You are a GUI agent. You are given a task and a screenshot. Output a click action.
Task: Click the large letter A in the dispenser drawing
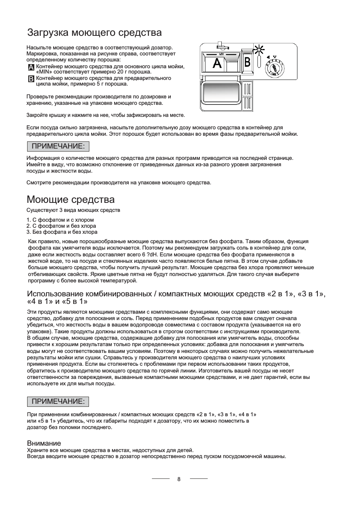[x=217, y=63]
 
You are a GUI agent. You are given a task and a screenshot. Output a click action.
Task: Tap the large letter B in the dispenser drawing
[x=247, y=62]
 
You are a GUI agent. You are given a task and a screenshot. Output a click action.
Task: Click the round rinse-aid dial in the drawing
[x=274, y=69]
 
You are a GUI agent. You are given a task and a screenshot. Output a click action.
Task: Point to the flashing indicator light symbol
[x=259, y=49]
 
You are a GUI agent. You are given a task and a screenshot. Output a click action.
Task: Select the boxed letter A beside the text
[x=31, y=67]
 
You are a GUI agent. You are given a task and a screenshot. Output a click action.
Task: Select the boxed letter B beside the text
[x=31, y=79]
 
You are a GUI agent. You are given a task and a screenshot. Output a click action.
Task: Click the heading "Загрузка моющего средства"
[x=94, y=33]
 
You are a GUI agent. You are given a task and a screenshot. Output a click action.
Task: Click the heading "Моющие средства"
[x=70, y=199]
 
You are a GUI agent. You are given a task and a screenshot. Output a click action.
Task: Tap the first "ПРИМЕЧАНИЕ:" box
[x=58, y=146]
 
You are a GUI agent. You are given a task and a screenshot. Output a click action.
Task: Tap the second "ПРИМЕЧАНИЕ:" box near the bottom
[x=58, y=402]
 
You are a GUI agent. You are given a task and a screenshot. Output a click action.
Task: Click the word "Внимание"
[x=44, y=443]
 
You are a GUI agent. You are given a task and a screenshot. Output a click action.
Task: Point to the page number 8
[x=179, y=479]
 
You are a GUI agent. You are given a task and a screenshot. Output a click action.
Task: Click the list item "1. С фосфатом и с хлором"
[x=60, y=220]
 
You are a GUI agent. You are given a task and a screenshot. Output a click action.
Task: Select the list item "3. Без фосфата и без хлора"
[x=62, y=232]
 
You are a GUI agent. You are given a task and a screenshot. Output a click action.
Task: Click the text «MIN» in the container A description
[x=44, y=72]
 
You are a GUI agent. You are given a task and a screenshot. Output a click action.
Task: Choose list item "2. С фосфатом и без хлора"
[x=61, y=226]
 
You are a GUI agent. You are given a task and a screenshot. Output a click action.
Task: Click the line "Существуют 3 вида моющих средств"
[x=73, y=210]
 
